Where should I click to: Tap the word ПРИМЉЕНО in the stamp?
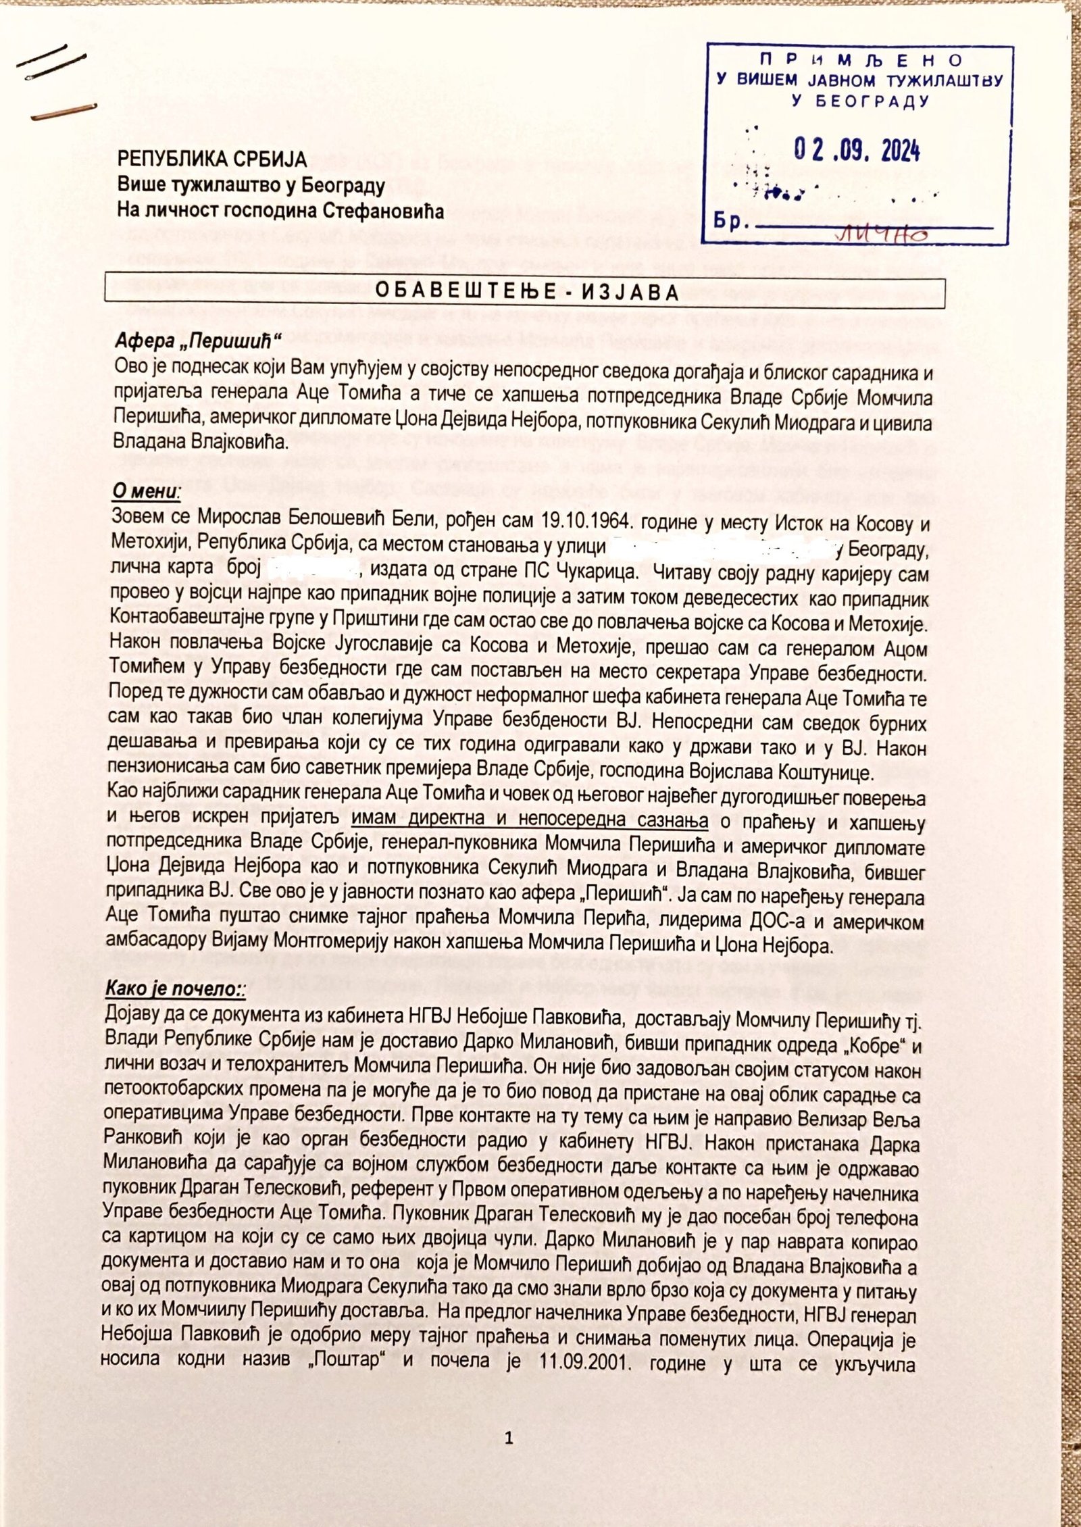click(x=859, y=60)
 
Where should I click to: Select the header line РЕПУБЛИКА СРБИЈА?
click(x=212, y=159)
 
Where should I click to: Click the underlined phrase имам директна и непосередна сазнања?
click(x=530, y=822)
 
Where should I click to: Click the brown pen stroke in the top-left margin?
click(x=64, y=112)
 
